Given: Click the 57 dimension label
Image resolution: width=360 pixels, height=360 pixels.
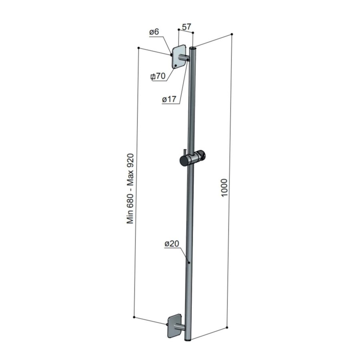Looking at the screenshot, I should click(x=186, y=27).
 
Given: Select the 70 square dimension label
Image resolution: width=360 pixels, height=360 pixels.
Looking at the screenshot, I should click(x=158, y=76).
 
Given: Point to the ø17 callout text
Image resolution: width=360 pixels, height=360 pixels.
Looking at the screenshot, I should click(x=169, y=100).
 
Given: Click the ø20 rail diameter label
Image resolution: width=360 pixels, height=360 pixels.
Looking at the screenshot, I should click(x=171, y=244).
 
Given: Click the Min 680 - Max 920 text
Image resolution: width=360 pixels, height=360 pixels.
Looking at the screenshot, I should click(x=131, y=189).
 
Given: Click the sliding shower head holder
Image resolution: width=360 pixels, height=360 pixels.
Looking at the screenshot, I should click(x=192, y=159).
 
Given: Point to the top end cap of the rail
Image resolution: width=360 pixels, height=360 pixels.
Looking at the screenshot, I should click(x=194, y=48).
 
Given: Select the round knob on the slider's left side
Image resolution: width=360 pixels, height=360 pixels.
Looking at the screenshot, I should click(x=183, y=161).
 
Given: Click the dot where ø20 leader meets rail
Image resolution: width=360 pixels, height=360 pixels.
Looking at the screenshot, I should click(x=189, y=263).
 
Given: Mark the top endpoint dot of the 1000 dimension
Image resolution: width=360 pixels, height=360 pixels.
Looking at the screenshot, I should click(x=232, y=35).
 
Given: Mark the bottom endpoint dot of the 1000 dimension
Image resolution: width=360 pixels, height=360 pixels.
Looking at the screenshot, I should click(x=227, y=328).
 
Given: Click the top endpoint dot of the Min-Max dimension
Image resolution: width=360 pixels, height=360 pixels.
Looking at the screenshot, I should click(x=138, y=48).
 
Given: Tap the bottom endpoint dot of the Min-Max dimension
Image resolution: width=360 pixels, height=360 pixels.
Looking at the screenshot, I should click(x=134, y=318).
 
